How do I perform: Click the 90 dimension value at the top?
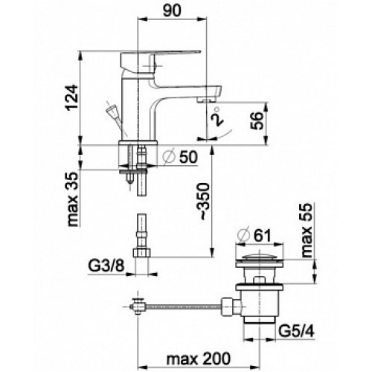(172, 11)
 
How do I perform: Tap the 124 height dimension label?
(72, 97)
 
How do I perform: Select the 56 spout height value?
(257, 121)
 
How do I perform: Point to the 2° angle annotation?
(217, 117)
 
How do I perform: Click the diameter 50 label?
(180, 157)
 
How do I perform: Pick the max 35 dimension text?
(73, 199)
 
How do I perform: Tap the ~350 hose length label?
(205, 202)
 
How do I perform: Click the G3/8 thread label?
(106, 266)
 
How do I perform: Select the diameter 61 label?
(254, 235)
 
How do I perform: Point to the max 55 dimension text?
(307, 230)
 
